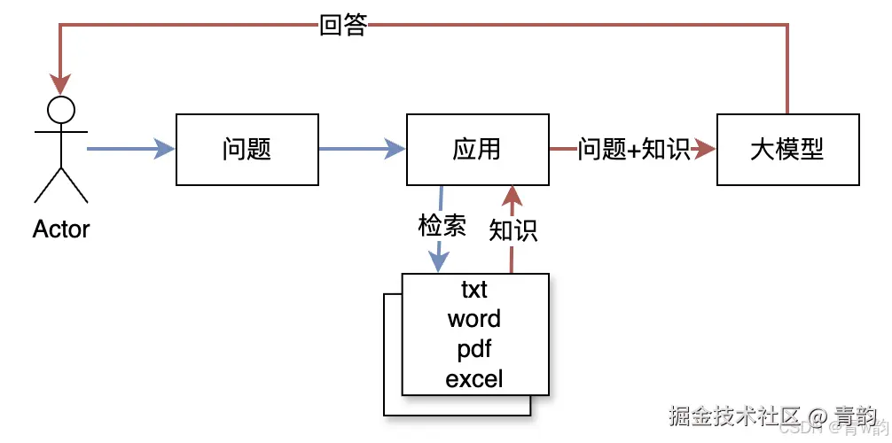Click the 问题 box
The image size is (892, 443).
coord(247,149)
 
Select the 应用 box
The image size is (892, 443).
coord(477,149)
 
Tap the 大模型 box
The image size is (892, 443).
coord(787,149)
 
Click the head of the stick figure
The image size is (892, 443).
coord(61,110)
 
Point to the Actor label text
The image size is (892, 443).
coord(61,229)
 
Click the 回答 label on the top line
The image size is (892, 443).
coord(343,26)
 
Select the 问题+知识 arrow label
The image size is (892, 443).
coord(634,149)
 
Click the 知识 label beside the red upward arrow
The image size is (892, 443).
coord(513,231)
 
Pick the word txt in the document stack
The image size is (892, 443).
coord(474,289)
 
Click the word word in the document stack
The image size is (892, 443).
coord(474,319)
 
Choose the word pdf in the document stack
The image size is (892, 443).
coord(474,349)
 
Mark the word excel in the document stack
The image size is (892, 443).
coord(474,379)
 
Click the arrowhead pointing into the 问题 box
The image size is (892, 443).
coord(165,149)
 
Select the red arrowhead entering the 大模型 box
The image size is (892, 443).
coord(706,149)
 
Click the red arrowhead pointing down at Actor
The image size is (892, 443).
coord(61,85)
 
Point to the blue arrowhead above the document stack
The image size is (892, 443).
coord(437,262)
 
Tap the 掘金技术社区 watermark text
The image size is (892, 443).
coord(735,415)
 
